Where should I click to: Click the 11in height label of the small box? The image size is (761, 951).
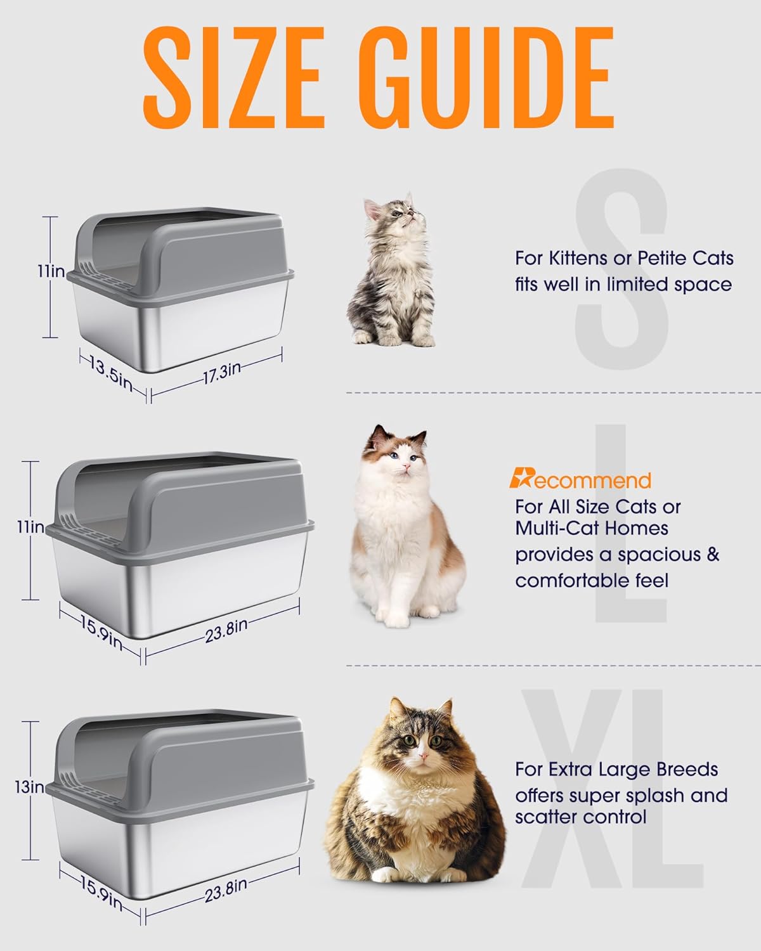point(50,271)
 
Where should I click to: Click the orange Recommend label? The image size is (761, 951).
point(580,480)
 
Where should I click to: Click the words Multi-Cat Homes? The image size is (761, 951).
point(591,528)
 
